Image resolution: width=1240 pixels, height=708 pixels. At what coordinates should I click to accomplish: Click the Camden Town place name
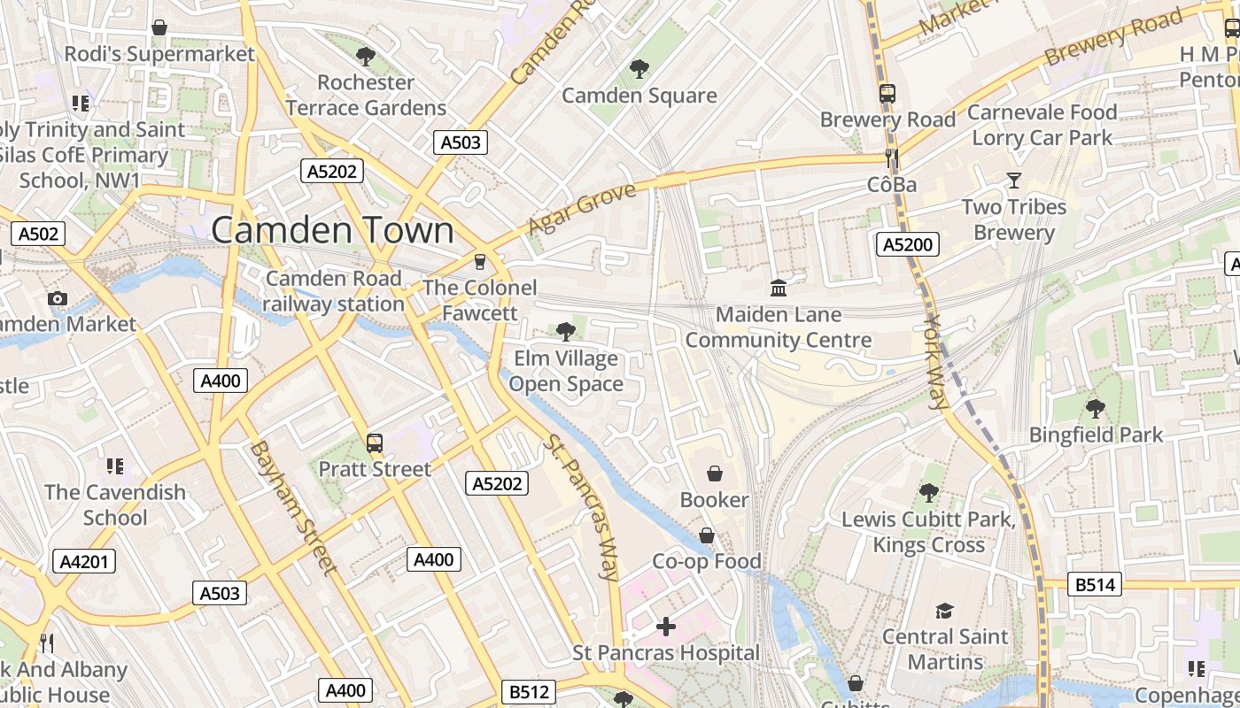pos(332,230)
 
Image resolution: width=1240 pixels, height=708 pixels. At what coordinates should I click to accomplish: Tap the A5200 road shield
pos(907,244)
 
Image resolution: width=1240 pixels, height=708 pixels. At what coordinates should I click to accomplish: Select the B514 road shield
pos(1096,584)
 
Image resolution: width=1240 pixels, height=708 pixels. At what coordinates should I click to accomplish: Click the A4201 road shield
pos(84,561)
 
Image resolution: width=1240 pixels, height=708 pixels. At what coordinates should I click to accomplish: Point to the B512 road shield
pos(530,691)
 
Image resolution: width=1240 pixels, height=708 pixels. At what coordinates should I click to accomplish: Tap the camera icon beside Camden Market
pos(58,298)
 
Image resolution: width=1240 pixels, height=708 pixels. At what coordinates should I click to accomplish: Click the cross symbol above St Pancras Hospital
pos(666,627)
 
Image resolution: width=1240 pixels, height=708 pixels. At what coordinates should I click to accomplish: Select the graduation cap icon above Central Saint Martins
pos(944,611)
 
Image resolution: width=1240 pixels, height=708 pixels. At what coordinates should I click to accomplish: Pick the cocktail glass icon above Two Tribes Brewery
pos(1014,181)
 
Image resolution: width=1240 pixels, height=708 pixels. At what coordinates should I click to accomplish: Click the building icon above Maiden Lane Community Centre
pos(779,288)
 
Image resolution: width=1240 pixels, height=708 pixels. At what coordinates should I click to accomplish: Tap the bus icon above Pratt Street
pos(375,442)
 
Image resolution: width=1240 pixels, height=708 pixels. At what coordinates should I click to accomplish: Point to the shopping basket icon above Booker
pos(714,474)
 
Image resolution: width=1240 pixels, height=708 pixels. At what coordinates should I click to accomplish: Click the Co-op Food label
pos(707,561)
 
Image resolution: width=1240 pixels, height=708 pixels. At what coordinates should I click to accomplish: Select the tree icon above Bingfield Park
pos(1096,408)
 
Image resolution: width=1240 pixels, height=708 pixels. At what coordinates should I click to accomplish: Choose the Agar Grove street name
pos(582,210)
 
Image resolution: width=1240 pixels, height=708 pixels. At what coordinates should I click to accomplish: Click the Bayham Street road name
pos(292,507)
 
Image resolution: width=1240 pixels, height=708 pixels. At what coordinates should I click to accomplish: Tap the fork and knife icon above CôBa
pos(892,159)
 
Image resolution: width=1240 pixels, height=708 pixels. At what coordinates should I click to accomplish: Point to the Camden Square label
pos(639,96)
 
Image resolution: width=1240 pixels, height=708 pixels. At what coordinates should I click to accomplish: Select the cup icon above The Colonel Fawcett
pos(480,261)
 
